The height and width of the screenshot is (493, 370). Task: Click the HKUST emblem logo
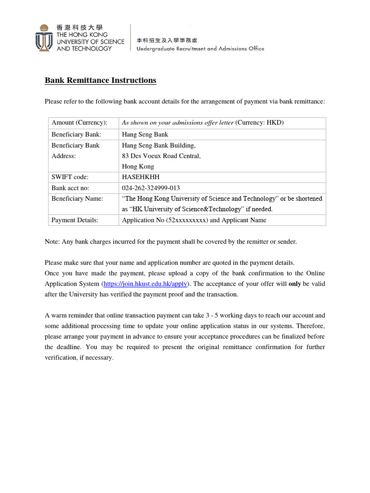[44, 38]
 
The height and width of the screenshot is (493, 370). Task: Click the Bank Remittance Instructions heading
[100, 80]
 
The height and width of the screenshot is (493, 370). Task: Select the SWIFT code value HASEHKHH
[141, 177]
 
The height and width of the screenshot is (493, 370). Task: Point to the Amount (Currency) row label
[79, 122]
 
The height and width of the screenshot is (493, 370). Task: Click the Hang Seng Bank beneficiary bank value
[145, 134]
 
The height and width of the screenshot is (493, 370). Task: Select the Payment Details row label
[75, 220]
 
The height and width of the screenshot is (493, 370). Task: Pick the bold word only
[294, 284]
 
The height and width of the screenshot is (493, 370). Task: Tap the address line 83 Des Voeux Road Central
[161, 156]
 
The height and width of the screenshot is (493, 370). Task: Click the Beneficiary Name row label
[77, 198]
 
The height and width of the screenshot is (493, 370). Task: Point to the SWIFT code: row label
[70, 177]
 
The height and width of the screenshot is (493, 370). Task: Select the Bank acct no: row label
[70, 188]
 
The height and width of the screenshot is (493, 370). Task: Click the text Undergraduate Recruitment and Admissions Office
[200, 49]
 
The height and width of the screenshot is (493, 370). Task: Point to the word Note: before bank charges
[52, 242]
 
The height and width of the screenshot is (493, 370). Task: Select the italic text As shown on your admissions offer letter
[178, 122]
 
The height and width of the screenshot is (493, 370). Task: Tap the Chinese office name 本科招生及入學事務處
[167, 40]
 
